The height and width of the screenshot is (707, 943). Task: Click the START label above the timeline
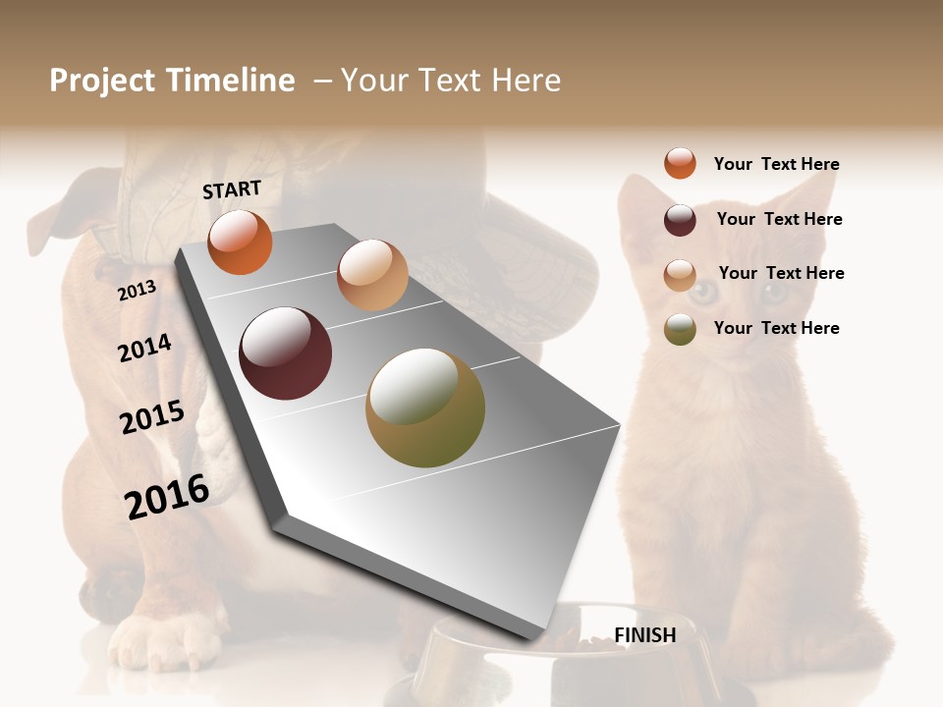(x=232, y=190)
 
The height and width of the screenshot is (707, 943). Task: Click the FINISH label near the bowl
(x=644, y=635)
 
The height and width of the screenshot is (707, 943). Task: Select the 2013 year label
(x=137, y=291)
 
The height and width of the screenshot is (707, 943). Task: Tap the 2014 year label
(x=144, y=348)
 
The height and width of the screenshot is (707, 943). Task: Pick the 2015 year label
(x=152, y=417)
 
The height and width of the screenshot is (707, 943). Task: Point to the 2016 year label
(x=167, y=496)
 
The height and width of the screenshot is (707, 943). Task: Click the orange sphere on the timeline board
(x=240, y=242)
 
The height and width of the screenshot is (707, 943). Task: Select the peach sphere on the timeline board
(x=372, y=275)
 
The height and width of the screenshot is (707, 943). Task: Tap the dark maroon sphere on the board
(x=286, y=353)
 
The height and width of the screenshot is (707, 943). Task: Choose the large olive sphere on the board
(x=425, y=408)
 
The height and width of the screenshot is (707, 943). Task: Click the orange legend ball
(x=680, y=163)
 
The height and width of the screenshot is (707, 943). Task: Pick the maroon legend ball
(x=680, y=220)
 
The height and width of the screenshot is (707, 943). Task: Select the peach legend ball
(x=680, y=275)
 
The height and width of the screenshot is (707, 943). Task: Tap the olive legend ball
(x=680, y=329)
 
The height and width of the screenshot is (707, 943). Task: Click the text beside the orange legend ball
(x=776, y=164)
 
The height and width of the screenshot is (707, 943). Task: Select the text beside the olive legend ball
(x=776, y=328)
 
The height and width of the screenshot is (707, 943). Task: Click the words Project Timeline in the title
(x=172, y=81)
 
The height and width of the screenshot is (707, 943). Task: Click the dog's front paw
(x=162, y=643)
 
